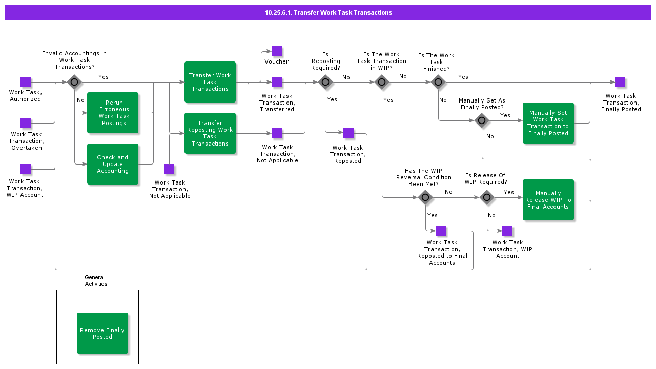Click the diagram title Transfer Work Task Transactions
click(x=328, y=13)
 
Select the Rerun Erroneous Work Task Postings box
click(x=113, y=113)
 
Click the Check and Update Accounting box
click(x=113, y=164)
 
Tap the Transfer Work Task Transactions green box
click(x=210, y=82)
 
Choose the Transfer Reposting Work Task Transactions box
click(x=210, y=133)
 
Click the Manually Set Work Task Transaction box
click(x=548, y=123)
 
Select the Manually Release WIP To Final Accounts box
click(x=548, y=200)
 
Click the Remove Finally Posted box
click(x=102, y=333)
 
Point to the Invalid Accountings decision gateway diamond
click(x=74, y=82)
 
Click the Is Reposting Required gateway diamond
click(x=325, y=82)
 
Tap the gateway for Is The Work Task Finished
click(x=438, y=82)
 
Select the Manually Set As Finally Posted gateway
click(x=482, y=121)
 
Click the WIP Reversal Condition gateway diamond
click(x=425, y=197)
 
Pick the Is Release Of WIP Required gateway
click(x=487, y=197)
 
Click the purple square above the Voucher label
click(x=277, y=51)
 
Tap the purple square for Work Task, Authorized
click(x=26, y=82)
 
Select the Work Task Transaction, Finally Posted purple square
click(x=620, y=82)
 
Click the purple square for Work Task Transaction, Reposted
click(x=348, y=133)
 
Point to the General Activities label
click(x=96, y=281)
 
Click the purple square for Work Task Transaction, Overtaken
click(x=26, y=123)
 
